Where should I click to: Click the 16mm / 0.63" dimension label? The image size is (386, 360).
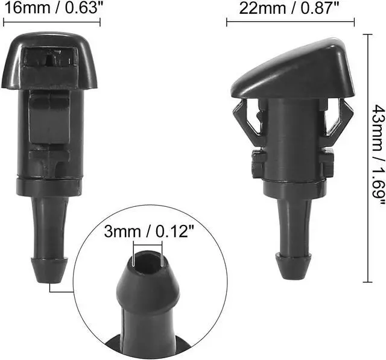click(54, 8)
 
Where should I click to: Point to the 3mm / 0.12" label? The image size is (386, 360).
click(149, 232)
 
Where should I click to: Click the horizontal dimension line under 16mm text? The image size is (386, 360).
click(52, 22)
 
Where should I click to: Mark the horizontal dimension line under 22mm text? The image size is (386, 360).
click(291, 22)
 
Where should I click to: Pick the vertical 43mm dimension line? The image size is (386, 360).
click(368, 158)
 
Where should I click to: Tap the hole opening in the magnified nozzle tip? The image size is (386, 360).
click(147, 262)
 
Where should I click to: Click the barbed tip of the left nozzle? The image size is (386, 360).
click(49, 270)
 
